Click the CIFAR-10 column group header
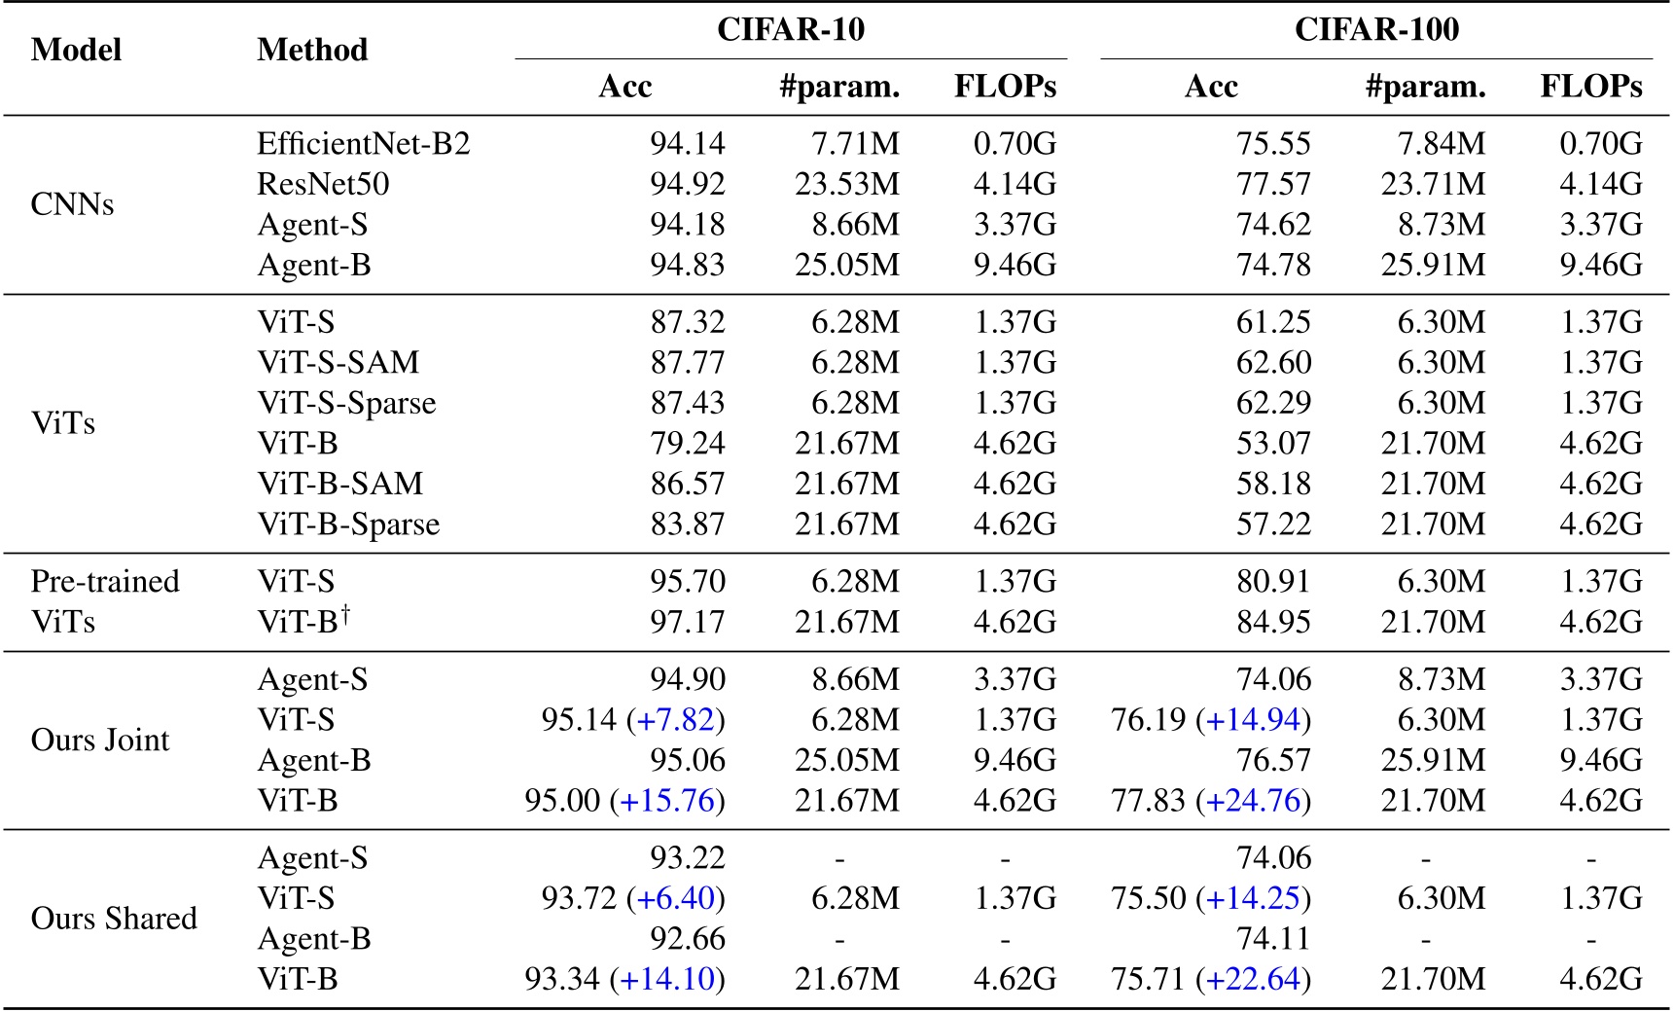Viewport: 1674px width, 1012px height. tap(791, 29)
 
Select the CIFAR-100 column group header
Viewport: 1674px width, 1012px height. tap(1376, 29)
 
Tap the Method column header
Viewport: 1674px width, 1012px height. tap(312, 50)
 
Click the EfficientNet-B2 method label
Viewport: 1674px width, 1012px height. tap(364, 144)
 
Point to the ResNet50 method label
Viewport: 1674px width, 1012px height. tap(323, 184)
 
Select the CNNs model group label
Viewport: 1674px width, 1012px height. tap(73, 204)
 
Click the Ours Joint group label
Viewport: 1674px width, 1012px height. tap(100, 741)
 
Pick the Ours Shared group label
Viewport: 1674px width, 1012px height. tap(114, 919)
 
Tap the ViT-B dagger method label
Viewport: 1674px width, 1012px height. tap(303, 621)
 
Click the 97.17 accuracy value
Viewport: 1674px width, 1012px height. tap(688, 622)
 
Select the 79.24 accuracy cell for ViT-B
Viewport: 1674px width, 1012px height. tap(688, 444)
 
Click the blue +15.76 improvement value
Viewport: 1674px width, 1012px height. tap(667, 801)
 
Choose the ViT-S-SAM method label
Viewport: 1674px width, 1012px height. tap(338, 363)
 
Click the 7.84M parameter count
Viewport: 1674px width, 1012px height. tap(1442, 144)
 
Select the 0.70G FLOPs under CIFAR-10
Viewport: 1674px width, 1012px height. tap(1015, 144)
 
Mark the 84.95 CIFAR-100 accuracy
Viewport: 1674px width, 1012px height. tap(1273, 622)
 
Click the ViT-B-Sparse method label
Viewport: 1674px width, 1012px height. tap(348, 524)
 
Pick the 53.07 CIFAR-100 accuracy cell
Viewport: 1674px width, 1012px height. tap(1273, 444)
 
